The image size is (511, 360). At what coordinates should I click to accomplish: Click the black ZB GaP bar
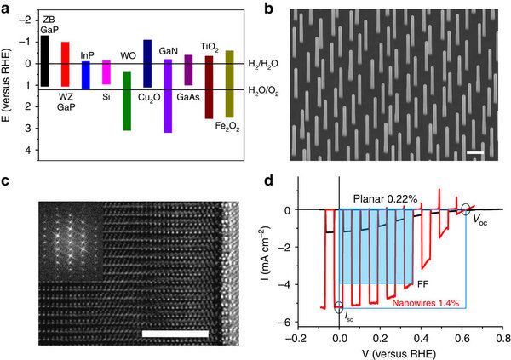[44, 61]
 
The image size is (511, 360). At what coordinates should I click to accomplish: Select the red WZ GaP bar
[66, 64]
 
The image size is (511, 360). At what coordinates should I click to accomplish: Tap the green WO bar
[127, 101]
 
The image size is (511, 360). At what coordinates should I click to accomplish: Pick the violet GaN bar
[168, 96]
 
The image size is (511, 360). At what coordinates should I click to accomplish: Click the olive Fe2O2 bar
[229, 84]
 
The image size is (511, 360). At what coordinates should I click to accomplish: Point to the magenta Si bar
[106, 72]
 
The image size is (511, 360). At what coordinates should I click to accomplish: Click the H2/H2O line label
[263, 64]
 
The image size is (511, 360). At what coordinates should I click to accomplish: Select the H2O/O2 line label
[263, 90]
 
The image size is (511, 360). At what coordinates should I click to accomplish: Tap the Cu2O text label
[149, 97]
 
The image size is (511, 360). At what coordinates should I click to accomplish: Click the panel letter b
[268, 9]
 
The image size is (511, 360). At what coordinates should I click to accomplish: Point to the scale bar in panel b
[475, 152]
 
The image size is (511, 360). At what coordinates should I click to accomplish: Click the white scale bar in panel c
[175, 334]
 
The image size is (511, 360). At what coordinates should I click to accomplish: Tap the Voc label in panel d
[480, 221]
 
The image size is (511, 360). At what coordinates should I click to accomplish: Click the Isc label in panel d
[347, 317]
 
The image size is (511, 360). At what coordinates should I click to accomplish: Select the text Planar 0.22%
[386, 198]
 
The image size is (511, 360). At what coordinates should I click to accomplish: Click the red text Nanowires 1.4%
[426, 303]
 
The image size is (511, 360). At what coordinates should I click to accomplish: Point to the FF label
[423, 284]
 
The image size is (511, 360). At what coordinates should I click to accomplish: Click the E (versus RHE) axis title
[6, 86]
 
